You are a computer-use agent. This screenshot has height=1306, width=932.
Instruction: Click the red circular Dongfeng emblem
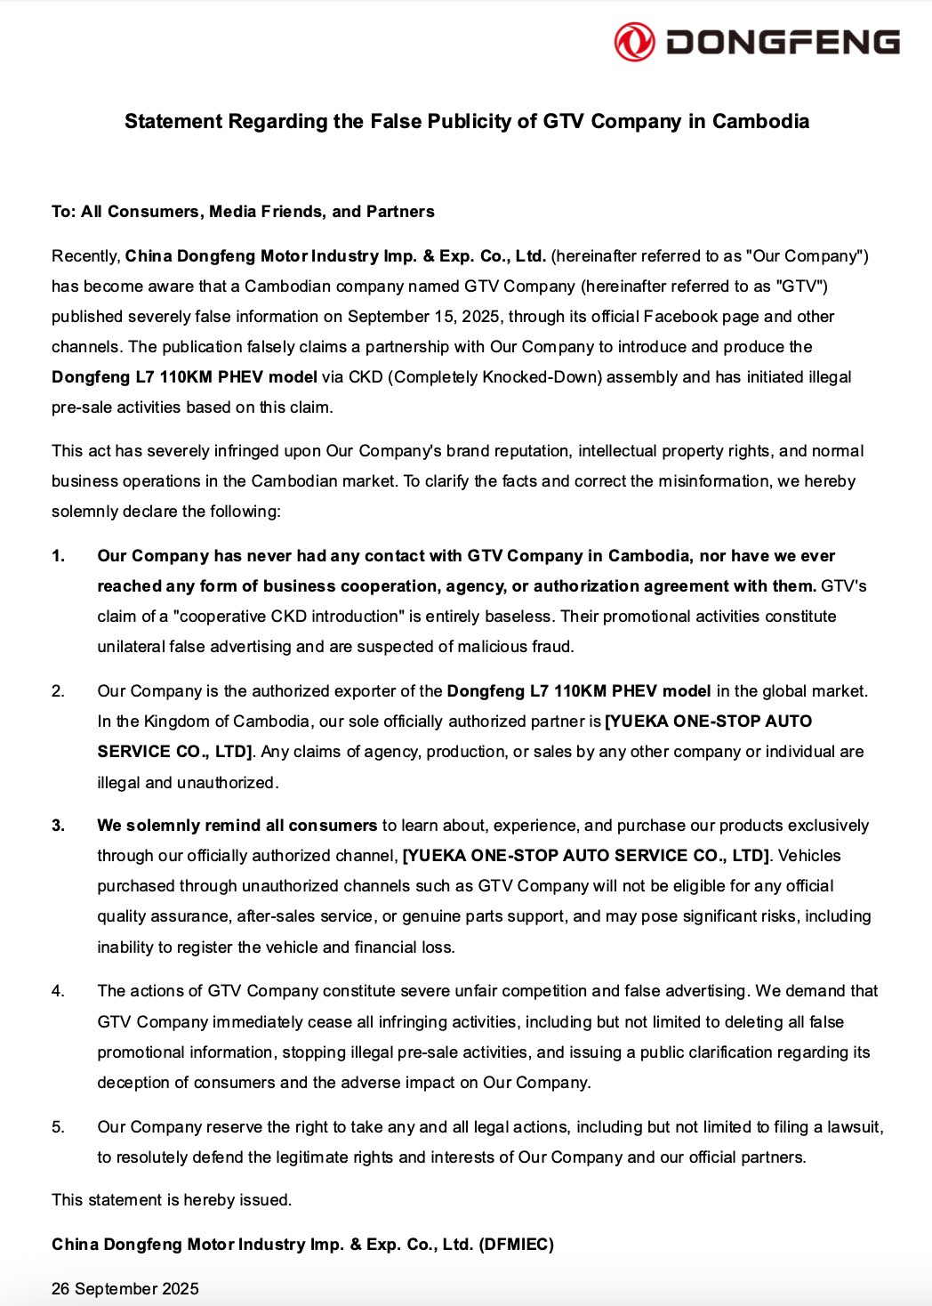[634, 42]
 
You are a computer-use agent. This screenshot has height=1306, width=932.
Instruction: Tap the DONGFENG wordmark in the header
[783, 42]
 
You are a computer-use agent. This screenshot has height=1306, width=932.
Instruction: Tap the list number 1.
[58, 556]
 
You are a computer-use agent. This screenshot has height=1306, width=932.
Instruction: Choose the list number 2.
[58, 691]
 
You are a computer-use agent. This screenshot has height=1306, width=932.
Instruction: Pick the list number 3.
[58, 826]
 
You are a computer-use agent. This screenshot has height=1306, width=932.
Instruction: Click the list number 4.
[58, 991]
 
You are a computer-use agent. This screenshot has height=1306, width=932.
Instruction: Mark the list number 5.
[58, 1127]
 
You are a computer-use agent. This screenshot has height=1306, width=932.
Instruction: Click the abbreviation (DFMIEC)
[516, 1245]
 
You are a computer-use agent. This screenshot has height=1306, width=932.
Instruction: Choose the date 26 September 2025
[125, 1289]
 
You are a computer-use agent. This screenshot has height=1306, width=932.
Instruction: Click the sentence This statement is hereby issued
[172, 1200]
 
